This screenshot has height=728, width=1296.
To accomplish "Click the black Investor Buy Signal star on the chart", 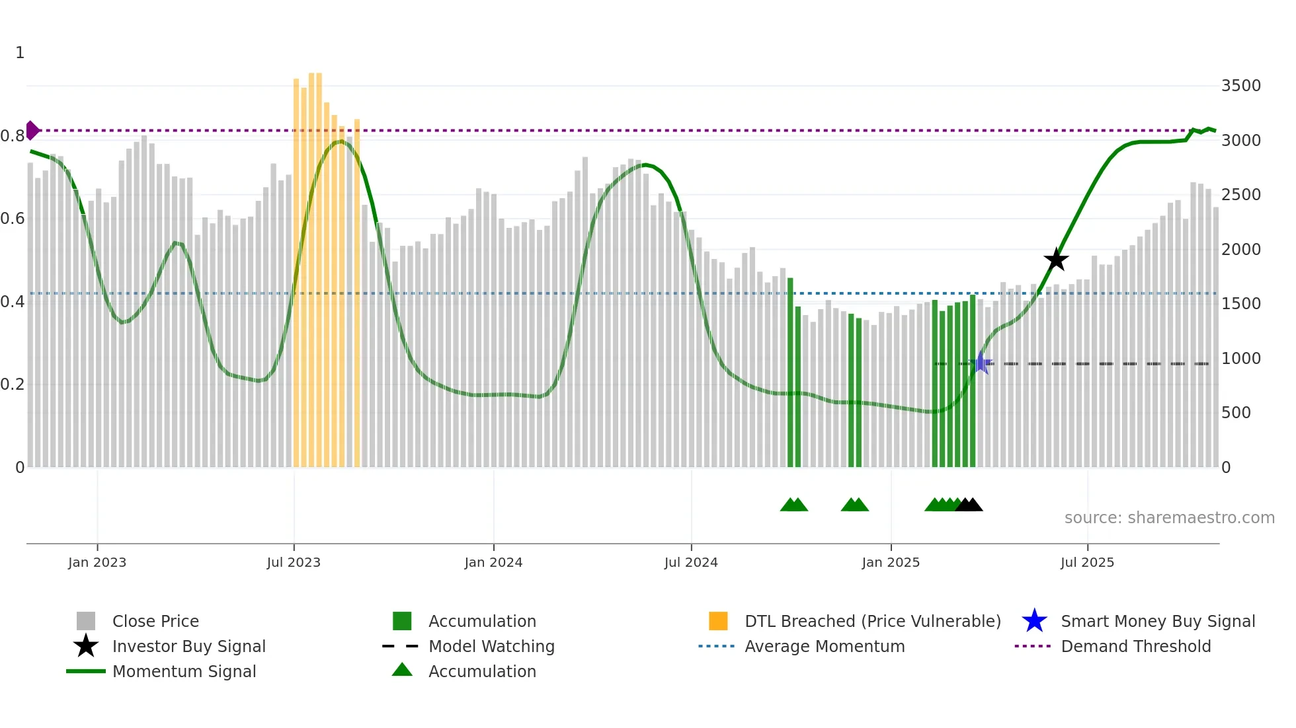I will pyautogui.click(x=1056, y=260).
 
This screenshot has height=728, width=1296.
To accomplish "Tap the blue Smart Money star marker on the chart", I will pyautogui.click(x=981, y=363).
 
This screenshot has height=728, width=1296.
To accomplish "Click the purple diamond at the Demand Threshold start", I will pyautogui.click(x=32, y=130).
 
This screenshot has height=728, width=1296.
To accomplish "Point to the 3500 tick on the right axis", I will pyautogui.click(x=1240, y=86).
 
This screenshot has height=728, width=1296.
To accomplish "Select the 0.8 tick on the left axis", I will pyautogui.click(x=13, y=136).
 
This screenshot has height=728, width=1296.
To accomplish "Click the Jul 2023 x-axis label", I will pyautogui.click(x=294, y=562).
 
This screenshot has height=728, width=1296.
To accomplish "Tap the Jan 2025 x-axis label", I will pyautogui.click(x=891, y=562).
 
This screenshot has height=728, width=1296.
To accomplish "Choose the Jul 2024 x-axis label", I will pyautogui.click(x=691, y=562).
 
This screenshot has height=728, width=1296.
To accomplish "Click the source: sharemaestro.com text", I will pyautogui.click(x=1169, y=518).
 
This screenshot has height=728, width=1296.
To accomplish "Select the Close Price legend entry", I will pyautogui.click(x=155, y=621).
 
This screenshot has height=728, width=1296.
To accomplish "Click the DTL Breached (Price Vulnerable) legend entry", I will pyautogui.click(x=872, y=621).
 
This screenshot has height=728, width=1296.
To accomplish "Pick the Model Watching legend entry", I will pyautogui.click(x=491, y=646).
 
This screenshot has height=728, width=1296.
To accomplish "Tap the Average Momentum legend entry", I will pyautogui.click(x=825, y=646).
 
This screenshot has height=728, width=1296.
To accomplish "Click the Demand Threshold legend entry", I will pyautogui.click(x=1135, y=646).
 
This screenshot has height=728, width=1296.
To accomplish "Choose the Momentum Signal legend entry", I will pyautogui.click(x=184, y=671).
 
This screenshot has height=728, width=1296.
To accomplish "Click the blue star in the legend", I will pyautogui.click(x=1034, y=621).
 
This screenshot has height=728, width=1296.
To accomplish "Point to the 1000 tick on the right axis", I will pyautogui.click(x=1240, y=358).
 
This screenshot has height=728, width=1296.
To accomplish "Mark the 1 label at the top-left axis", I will pyautogui.click(x=20, y=53).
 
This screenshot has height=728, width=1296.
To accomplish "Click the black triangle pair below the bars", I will pyautogui.click(x=969, y=505).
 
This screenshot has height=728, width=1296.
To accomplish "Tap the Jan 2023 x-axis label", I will pyautogui.click(x=97, y=562).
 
